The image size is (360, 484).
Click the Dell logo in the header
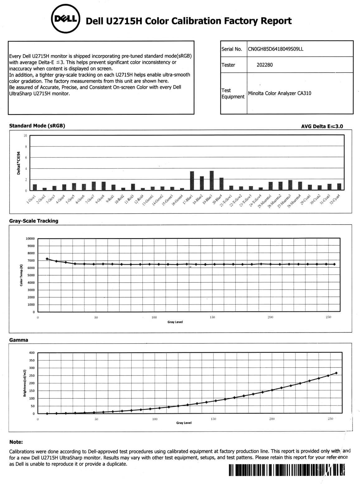pyautogui.click(x=66, y=19)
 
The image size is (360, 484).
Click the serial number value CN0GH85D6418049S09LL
pyautogui.click(x=275, y=49)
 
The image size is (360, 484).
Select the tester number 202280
pyautogui.click(x=264, y=65)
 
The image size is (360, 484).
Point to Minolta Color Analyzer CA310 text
pyautogui.click(x=279, y=93)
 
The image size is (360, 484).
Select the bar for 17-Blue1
pyautogui.click(x=192, y=181)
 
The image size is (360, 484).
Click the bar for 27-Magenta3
pyautogui.click(x=290, y=185)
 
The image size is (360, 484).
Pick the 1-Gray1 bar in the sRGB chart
pyautogui.click(x=35, y=187)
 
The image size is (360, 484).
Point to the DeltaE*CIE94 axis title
pyautogui.click(x=19, y=163)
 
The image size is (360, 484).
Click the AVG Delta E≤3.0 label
pyautogui.click(x=322, y=126)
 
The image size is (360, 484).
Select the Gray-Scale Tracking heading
pyautogui.click(x=34, y=221)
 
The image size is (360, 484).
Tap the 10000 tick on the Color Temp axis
pyautogui.click(x=30, y=239)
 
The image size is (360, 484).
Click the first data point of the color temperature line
pyautogui.click(x=47, y=259)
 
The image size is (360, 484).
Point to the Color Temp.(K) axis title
pyautogui.click(x=21, y=275)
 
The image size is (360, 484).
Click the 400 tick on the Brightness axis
pyautogui.click(x=32, y=353)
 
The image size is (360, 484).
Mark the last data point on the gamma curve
pyautogui.click(x=336, y=373)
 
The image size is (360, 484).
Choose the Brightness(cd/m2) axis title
pyautogui.click(x=25, y=383)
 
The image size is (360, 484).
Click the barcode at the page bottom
pyautogui.click(x=287, y=470)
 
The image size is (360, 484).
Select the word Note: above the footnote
pyautogui.click(x=16, y=442)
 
